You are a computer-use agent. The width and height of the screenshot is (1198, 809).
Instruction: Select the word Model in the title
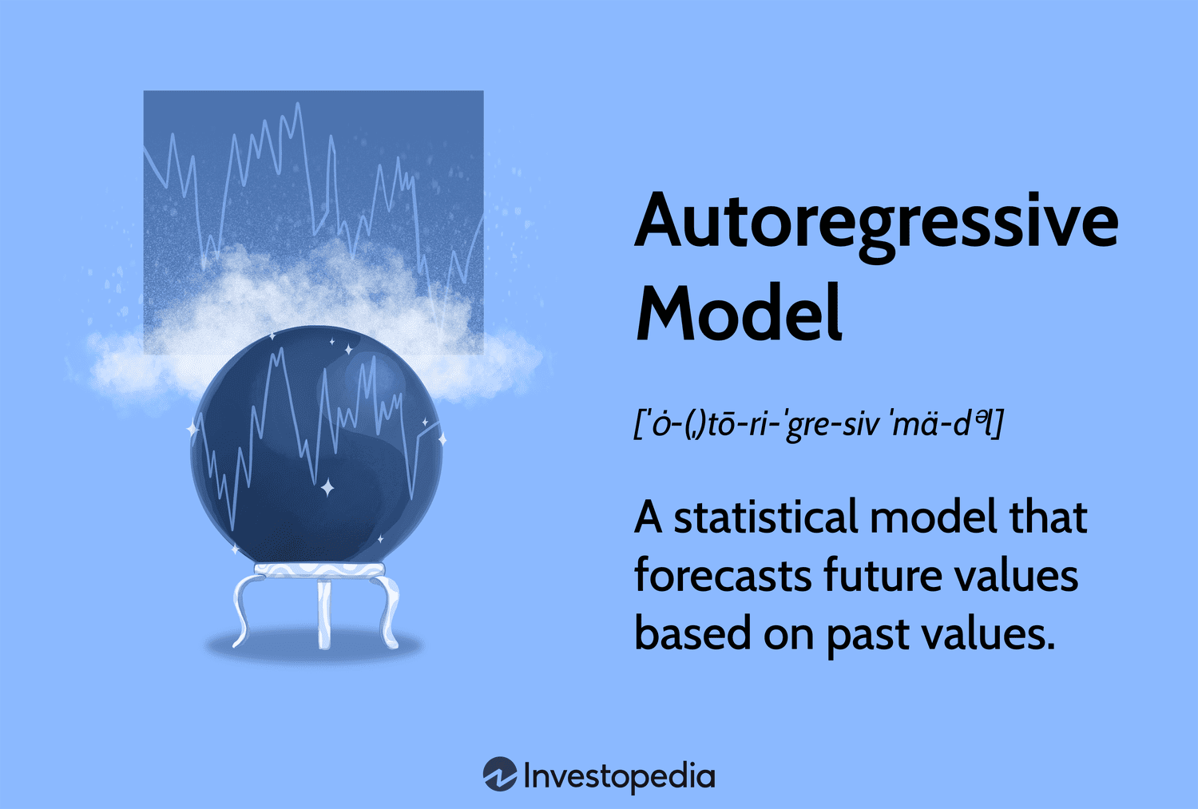(739, 313)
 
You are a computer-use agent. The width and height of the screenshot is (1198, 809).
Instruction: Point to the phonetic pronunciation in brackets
(818, 423)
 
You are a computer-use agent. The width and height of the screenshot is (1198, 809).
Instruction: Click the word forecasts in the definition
(722, 576)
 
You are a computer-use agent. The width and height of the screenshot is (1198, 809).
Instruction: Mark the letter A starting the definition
(649, 518)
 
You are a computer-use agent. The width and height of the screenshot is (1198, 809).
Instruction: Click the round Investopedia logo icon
(500, 775)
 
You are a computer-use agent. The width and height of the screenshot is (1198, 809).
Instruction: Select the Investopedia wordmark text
(619, 776)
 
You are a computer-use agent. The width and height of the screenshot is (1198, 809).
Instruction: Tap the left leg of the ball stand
(244, 611)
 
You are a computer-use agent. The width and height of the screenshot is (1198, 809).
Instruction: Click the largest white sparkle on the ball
(327, 487)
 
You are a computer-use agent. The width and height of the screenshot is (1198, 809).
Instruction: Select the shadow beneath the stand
(315, 647)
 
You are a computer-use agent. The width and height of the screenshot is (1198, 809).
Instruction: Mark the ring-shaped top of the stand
(319, 569)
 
